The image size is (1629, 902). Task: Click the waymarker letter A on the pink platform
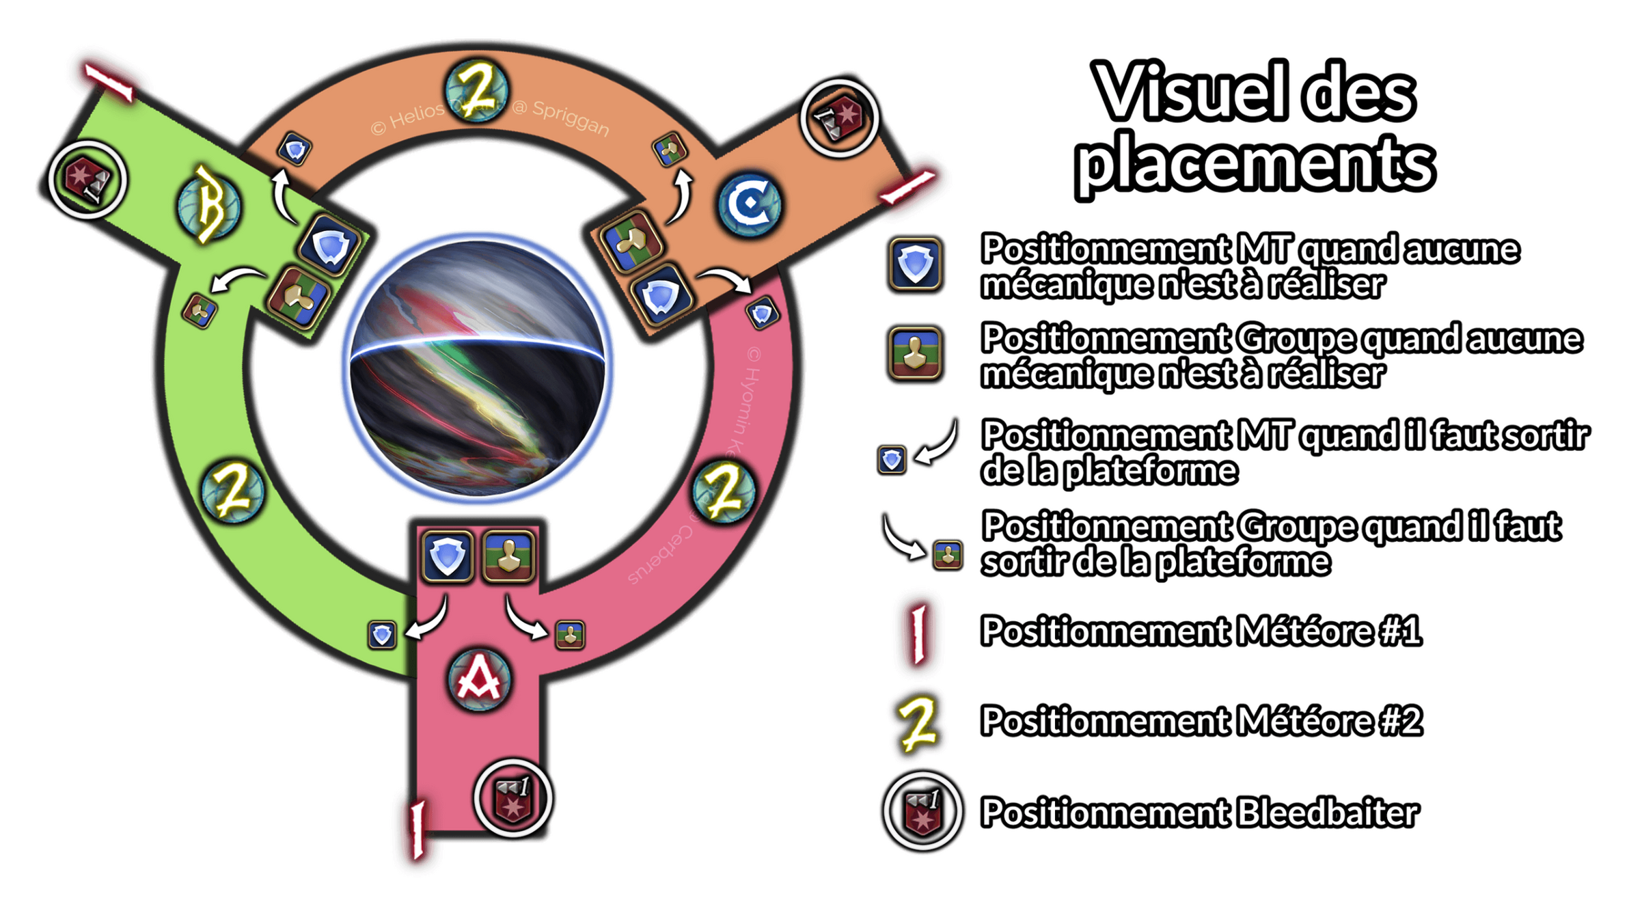(479, 680)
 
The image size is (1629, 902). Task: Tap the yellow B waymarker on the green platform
(208, 205)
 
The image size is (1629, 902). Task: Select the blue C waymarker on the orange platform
(750, 204)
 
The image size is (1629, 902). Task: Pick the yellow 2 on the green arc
(233, 490)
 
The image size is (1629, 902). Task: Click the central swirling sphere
(477, 369)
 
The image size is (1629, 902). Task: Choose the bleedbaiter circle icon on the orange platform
(838, 118)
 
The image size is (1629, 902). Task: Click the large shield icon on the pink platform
(448, 556)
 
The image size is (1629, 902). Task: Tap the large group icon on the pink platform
(508, 556)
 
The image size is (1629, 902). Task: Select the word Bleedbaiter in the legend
(1327, 812)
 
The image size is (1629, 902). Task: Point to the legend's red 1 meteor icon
(919, 631)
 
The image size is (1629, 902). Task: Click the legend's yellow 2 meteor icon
(918, 722)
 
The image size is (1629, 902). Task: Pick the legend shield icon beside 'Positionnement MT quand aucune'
(915, 264)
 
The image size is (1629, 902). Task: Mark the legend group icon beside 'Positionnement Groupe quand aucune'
(915, 353)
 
